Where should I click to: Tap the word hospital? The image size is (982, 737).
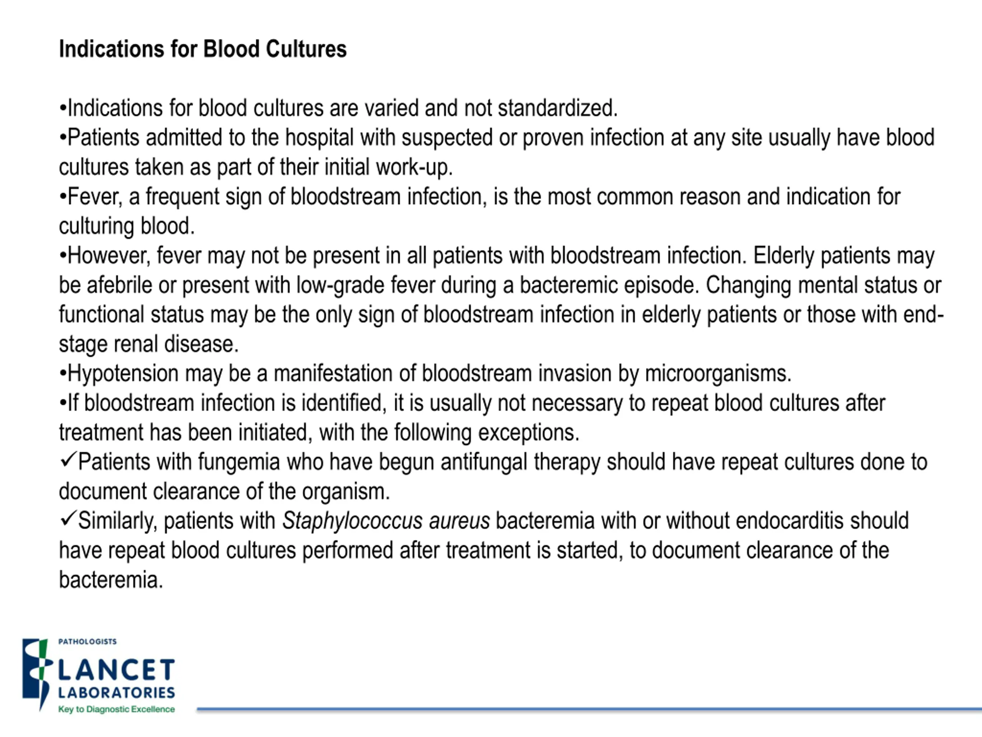pos(319,138)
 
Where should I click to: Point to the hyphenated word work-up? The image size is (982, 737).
pos(414,167)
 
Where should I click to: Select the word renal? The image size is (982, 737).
pos(136,344)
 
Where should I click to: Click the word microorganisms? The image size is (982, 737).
pos(717,373)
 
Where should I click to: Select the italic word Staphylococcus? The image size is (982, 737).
pos(352,521)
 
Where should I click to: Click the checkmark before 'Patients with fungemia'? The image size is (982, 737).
pos(68,460)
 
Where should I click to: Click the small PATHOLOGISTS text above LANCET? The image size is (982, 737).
pos(87,642)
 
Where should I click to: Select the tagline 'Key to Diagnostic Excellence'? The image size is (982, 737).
pos(116,709)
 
